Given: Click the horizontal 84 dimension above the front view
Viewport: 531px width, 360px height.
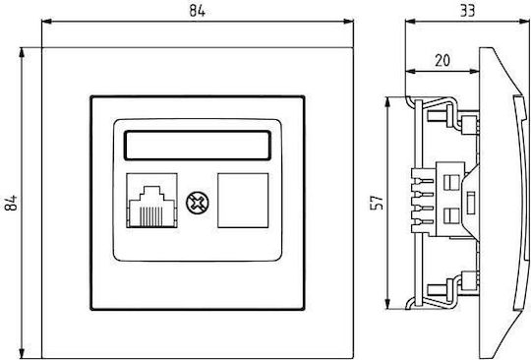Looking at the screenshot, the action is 197,11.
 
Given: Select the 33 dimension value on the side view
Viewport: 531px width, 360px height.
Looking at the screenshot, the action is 468,11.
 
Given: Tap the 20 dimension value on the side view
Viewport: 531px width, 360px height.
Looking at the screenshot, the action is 442,60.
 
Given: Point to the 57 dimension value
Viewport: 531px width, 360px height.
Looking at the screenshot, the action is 378,203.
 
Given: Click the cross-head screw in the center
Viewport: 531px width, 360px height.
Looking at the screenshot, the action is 197,203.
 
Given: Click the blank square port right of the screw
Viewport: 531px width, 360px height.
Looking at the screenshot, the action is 243,200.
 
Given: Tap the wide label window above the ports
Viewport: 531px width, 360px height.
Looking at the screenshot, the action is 198,145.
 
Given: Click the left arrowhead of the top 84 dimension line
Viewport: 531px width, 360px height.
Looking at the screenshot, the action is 46,22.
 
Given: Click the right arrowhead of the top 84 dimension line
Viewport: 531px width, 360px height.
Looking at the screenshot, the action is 348,22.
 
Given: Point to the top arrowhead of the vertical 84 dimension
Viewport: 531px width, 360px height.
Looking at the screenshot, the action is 22,52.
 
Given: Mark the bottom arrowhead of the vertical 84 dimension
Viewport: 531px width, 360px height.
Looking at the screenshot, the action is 22,353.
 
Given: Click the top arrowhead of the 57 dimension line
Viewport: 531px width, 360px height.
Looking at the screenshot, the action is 388,102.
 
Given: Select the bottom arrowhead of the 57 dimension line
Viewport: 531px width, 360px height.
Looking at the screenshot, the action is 388,304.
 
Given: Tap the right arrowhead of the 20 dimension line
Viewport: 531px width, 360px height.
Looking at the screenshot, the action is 474,71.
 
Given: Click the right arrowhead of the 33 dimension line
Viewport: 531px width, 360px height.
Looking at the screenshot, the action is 524,22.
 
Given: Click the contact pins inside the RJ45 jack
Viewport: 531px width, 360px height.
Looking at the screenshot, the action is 151,216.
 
